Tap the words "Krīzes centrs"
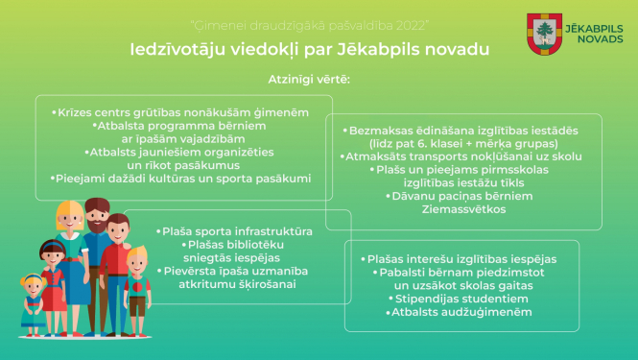(x=96, y=112)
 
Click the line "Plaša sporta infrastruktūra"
(x=236, y=231)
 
